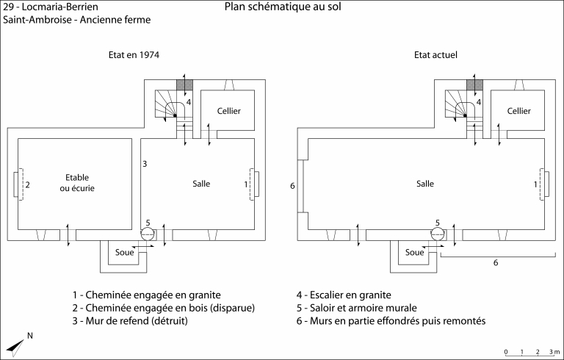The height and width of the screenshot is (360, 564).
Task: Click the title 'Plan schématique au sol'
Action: tap(283, 7)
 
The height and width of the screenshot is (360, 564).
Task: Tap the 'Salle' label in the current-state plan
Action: tap(424, 184)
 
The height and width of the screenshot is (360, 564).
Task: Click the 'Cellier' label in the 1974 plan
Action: tap(228, 111)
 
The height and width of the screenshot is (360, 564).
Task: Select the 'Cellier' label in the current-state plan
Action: tap(518, 111)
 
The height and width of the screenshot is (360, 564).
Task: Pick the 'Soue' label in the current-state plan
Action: tap(415, 253)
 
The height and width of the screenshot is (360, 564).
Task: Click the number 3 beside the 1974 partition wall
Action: tap(145, 163)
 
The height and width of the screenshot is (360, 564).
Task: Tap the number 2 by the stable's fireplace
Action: tap(28, 184)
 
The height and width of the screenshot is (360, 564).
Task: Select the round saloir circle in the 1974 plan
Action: tap(148, 234)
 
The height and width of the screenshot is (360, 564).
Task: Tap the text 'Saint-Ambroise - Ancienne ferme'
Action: tap(76, 20)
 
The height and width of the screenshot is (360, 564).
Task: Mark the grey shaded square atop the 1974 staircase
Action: tap(184, 85)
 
